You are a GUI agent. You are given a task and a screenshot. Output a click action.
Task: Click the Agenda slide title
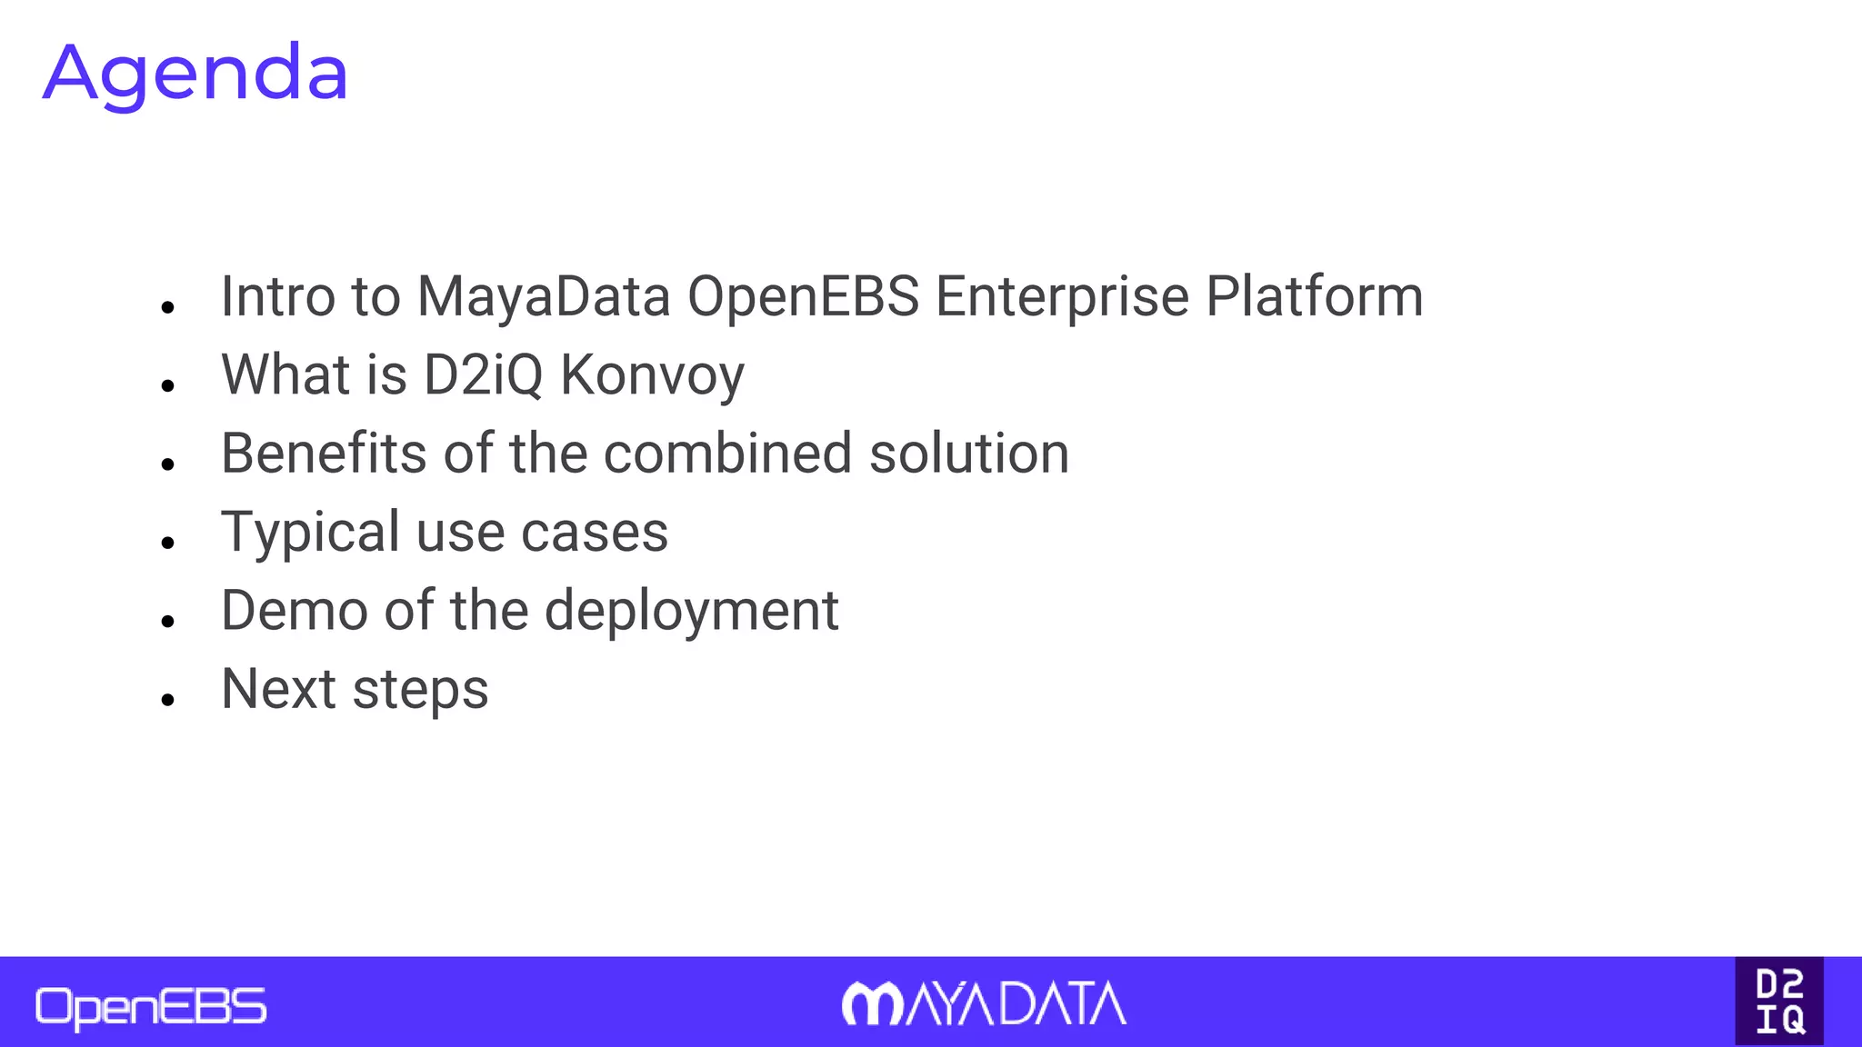point(195,73)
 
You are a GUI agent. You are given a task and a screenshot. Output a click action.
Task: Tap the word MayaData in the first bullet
point(543,297)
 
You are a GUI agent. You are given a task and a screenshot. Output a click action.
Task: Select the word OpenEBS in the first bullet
point(803,297)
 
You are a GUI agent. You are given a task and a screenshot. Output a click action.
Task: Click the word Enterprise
point(1062,297)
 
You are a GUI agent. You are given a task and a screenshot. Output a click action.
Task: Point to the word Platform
point(1314,297)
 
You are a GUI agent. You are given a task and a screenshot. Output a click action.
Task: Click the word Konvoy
point(652,375)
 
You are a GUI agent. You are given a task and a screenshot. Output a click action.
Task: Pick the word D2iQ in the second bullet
point(483,375)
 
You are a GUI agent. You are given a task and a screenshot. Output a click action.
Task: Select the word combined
point(727,454)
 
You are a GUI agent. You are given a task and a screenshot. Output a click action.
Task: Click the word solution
point(968,454)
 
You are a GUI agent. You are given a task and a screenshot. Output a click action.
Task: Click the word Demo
point(295,610)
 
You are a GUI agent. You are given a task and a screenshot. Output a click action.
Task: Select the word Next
point(279,689)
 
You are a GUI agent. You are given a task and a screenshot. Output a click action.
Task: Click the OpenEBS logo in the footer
point(151,1007)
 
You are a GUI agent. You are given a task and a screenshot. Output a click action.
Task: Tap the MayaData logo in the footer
point(984,1004)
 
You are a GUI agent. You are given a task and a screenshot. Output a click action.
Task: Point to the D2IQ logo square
point(1779,1001)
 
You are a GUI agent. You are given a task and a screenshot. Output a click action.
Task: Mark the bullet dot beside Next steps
point(167,699)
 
